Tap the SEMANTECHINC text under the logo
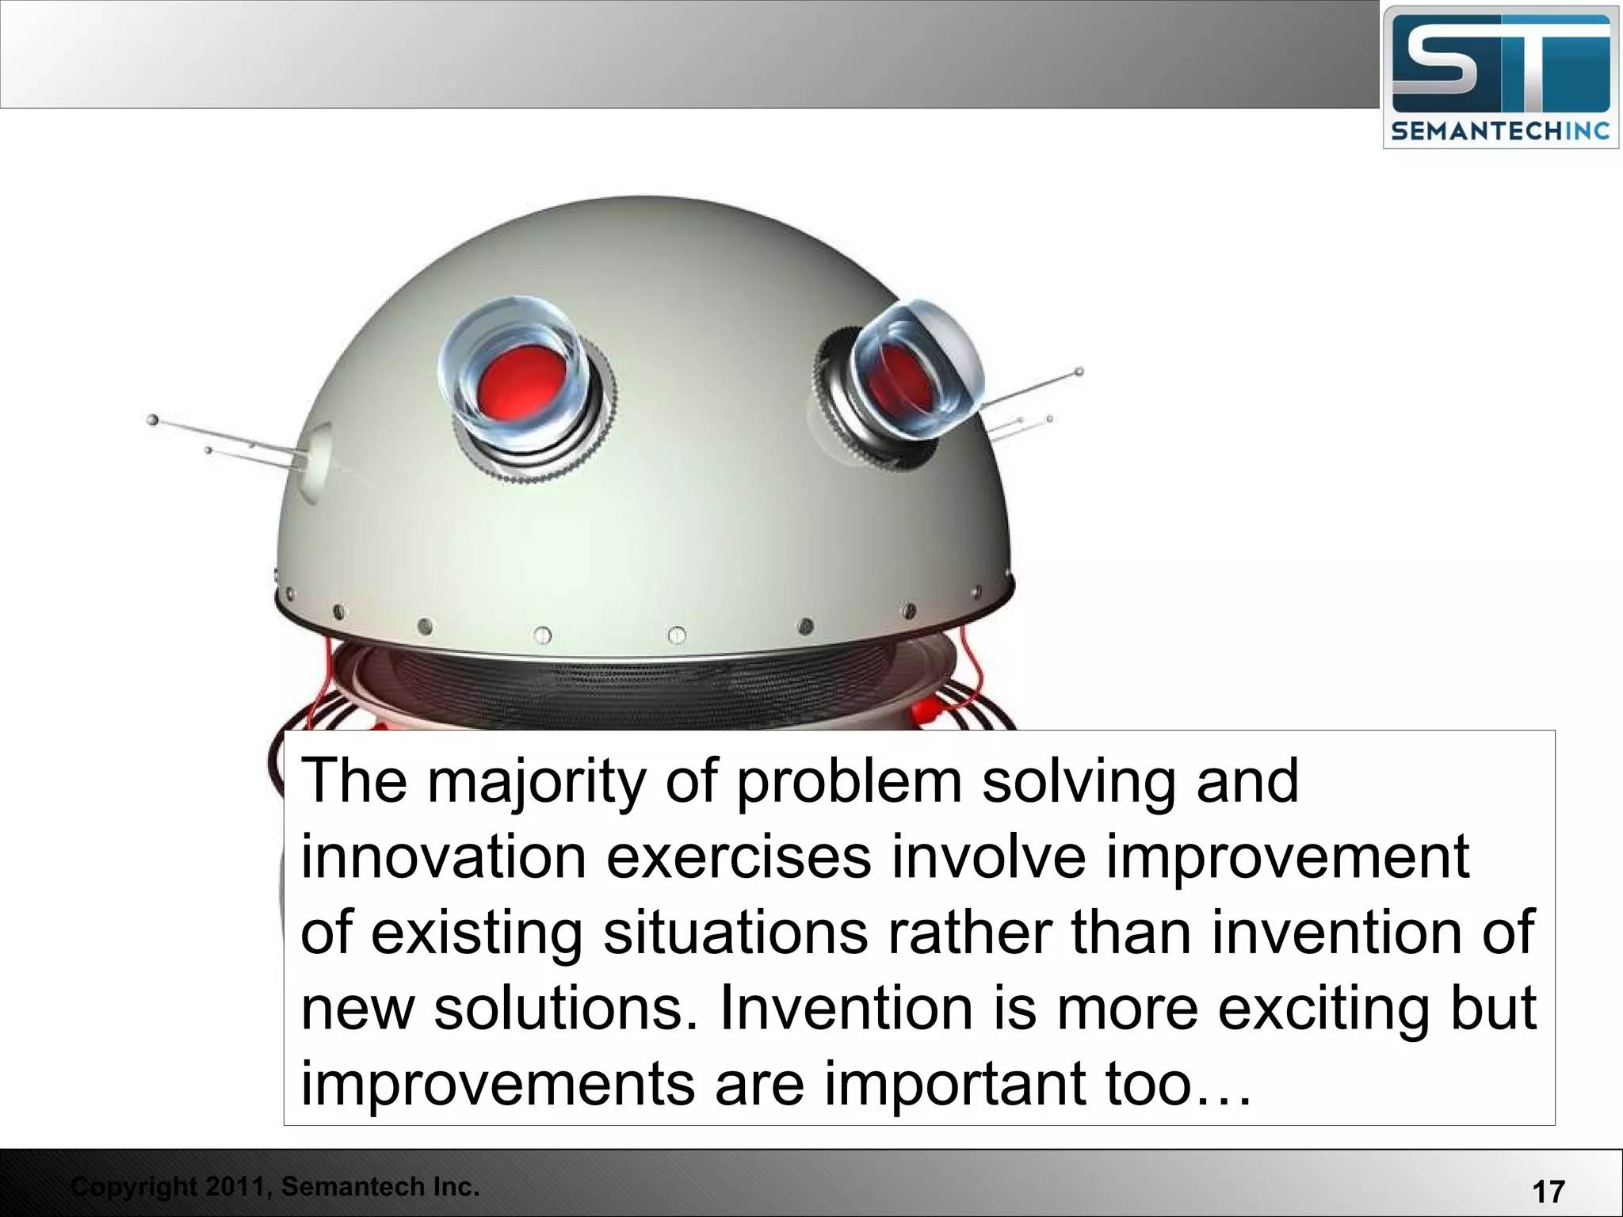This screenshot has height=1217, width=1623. coord(1500,131)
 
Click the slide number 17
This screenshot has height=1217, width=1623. coord(1549,1191)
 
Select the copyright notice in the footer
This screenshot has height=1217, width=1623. coord(275,1186)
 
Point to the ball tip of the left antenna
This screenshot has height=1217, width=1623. coord(152,419)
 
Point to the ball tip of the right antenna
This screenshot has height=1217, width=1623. coord(1079,371)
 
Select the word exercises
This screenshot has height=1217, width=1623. coord(739,857)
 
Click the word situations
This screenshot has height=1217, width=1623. coord(735,933)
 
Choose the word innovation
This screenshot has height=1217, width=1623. coord(443,857)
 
